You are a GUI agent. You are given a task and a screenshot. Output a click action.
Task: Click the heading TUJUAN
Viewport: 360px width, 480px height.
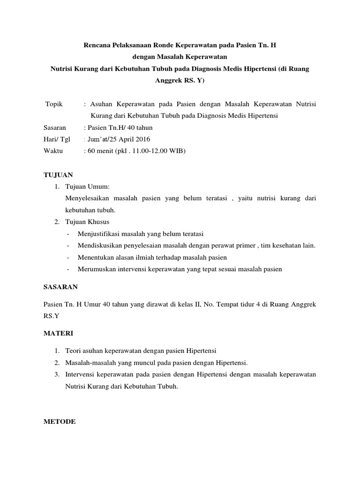[x=58, y=175]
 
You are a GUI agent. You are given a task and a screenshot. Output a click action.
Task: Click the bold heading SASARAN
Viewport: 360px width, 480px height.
[x=60, y=286]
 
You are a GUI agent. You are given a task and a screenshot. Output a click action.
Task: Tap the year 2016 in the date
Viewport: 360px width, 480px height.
[x=142, y=139]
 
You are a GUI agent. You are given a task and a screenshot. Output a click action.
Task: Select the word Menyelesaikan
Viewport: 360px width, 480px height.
[x=92, y=198]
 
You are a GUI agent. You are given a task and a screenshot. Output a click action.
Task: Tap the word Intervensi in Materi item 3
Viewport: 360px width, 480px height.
[x=83, y=375]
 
